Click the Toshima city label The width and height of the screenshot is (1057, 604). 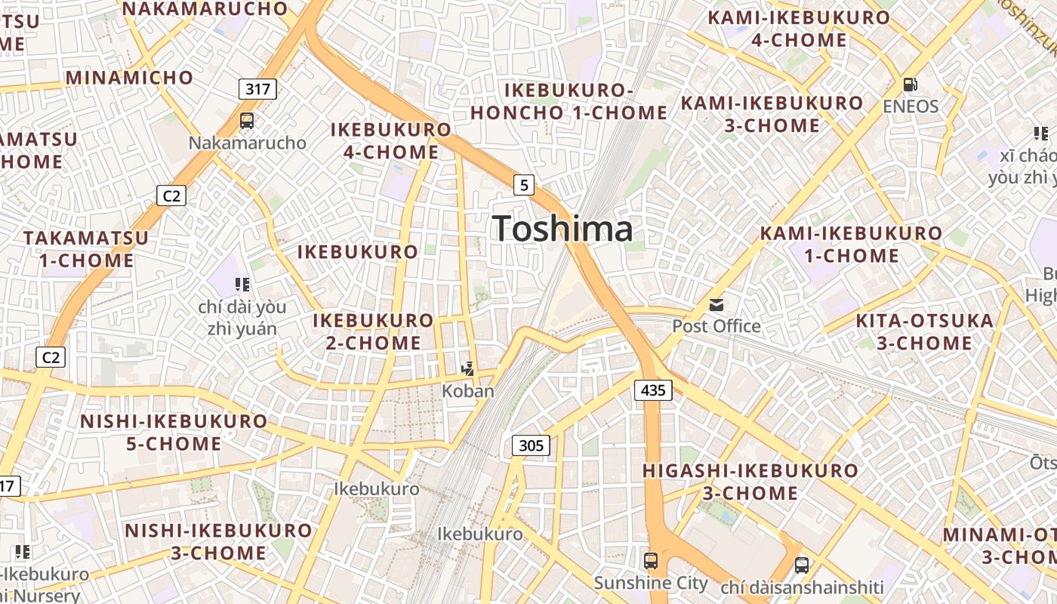[562, 229]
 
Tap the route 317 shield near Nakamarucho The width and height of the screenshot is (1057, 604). [257, 89]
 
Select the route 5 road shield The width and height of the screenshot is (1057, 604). [524, 184]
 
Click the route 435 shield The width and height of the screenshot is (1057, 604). [653, 390]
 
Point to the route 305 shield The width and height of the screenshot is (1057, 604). [531, 445]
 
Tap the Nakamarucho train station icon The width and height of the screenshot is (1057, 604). [247, 120]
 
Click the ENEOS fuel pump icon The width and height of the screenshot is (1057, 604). [911, 85]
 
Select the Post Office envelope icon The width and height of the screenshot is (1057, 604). [716, 305]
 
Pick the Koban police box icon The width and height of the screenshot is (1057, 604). [468, 369]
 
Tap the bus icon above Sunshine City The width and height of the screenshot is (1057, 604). [650, 561]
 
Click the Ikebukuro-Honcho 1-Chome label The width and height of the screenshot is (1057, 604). [569, 101]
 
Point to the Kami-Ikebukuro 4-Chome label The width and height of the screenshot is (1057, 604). [799, 29]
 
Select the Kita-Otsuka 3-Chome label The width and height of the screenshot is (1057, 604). [924, 331]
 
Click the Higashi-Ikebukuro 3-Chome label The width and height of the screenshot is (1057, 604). [750, 482]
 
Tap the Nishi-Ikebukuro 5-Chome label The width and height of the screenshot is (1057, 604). [174, 432]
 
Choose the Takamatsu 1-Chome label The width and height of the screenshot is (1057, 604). [86, 249]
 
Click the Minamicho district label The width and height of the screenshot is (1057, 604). [129, 77]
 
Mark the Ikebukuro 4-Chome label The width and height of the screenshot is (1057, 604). [391, 140]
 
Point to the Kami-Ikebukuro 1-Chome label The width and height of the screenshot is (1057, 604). [852, 244]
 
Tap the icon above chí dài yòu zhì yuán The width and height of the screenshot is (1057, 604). [242, 285]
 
